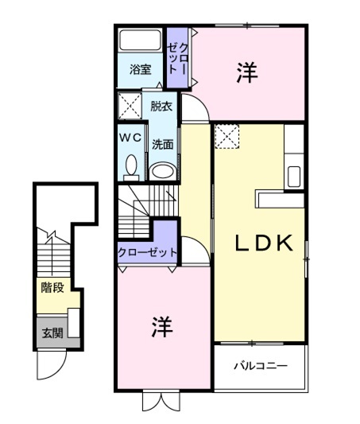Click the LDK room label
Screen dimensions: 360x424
(264, 243)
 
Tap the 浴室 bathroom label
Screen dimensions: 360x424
(140, 69)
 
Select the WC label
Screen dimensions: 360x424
(130, 138)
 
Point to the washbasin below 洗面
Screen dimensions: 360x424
(162, 171)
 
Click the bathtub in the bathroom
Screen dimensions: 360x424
(140, 40)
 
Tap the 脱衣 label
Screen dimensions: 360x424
(161, 106)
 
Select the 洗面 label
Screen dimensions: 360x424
(162, 145)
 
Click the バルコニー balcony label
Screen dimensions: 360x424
(261, 367)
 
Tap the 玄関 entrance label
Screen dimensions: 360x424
(52, 333)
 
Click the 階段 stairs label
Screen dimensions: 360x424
(52, 287)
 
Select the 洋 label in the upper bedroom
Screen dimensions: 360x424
(247, 72)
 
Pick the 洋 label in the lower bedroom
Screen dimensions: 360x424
(162, 326)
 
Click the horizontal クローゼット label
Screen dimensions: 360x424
(148, 252)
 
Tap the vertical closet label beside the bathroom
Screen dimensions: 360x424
(177, 59)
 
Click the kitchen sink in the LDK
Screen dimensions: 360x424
(294, 177)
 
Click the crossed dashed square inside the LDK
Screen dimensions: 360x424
(227, 136)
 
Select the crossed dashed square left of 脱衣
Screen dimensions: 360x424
(130, 106)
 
